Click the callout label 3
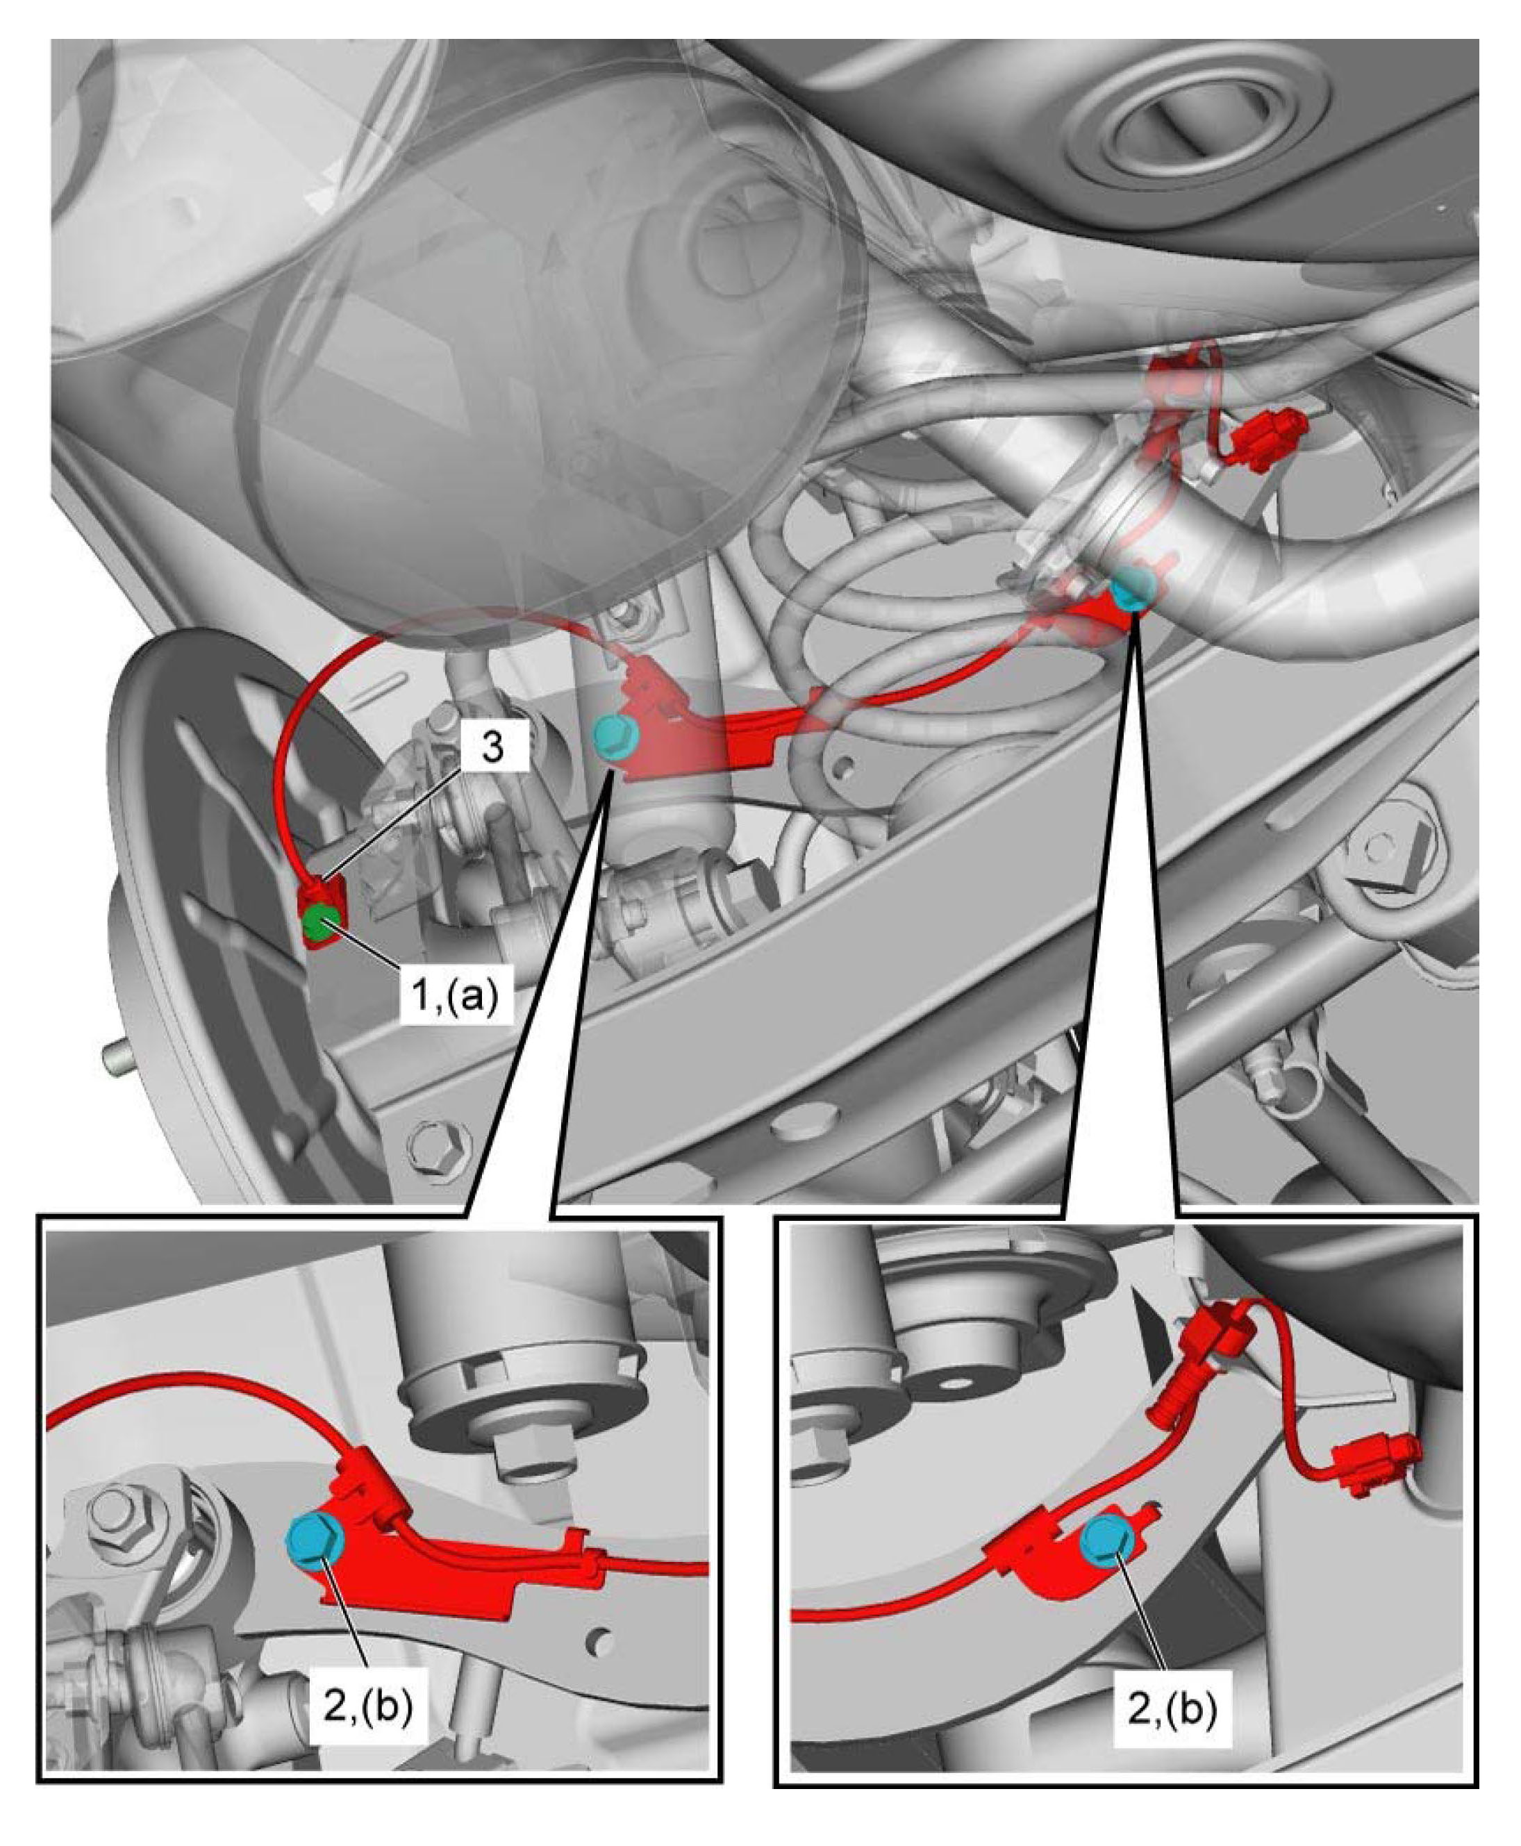pos(492,747)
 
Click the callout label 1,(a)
pos(456,992)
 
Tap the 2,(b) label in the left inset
pos(369,1708)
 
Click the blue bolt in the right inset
pos(1108,1515)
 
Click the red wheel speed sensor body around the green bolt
pos(322,918)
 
